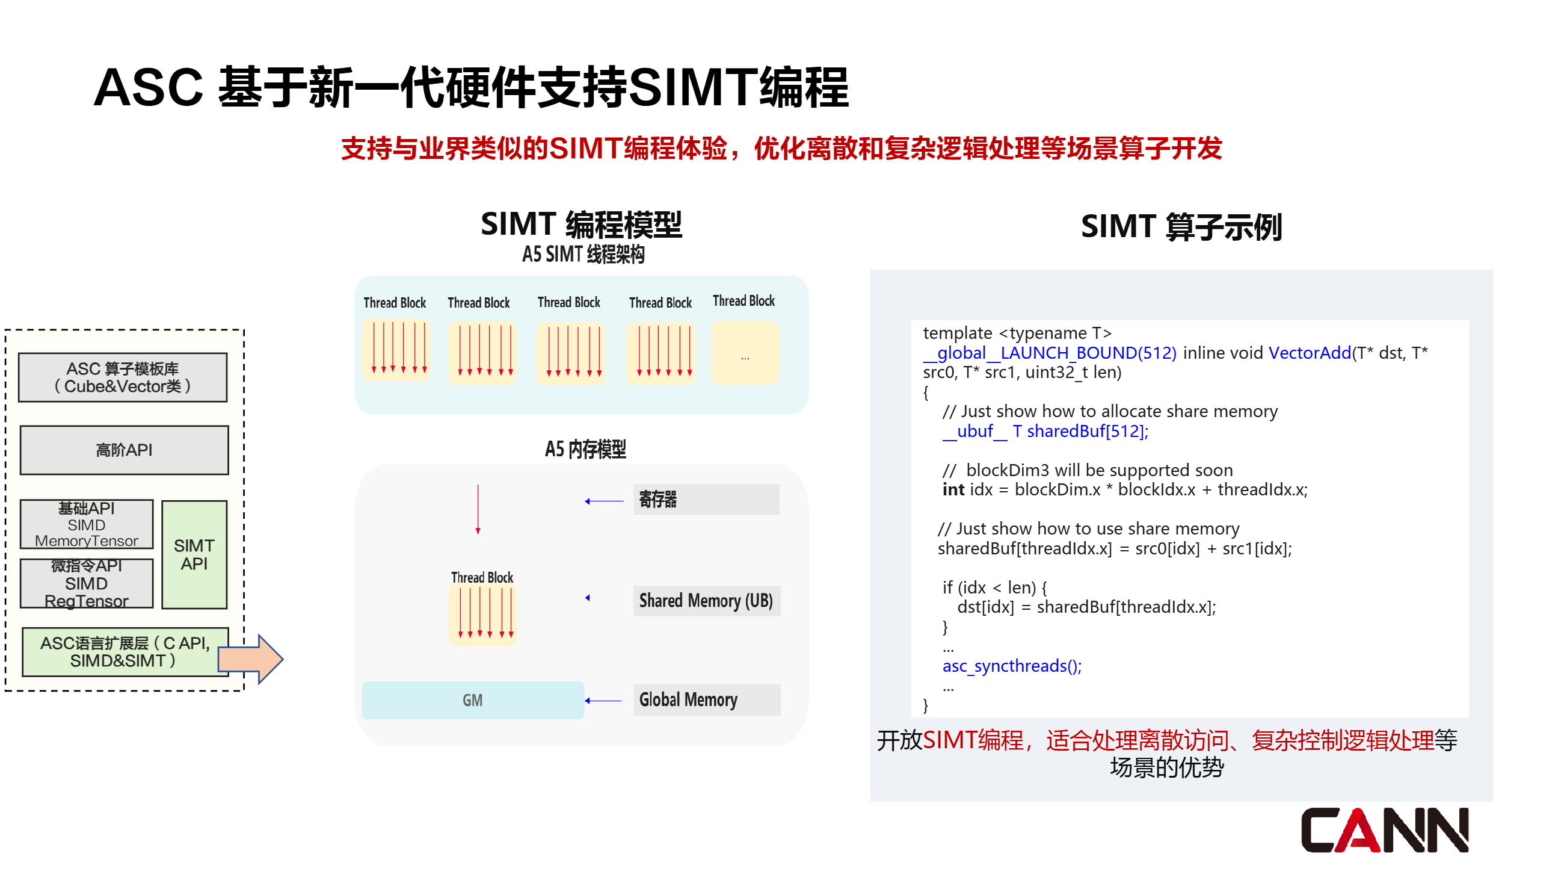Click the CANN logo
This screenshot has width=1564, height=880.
click(x=1384, y=829)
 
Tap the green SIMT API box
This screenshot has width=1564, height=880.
click(x=194, y=554)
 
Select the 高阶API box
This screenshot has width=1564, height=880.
click(x=124, y=450)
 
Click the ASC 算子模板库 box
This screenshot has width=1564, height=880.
click(x=123, y=377)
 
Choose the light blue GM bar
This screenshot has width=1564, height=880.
click(x=472, y=700)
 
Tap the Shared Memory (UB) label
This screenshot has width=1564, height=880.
click(x=706, y=601)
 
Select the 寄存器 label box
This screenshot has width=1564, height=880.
click(x=706, y=499)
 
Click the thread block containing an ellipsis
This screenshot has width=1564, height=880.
click(x=744, y=353)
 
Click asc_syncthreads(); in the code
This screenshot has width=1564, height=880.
click(x=1012, y=666)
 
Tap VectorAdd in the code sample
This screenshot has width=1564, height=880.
click(x=1309, y=353)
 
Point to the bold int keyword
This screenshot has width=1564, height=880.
click(x=953, y=489)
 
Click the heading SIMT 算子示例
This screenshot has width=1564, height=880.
click(x=1181, y=226)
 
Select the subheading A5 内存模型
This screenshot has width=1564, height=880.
click(x=585, y=449)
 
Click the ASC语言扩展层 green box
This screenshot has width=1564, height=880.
click(x=124, y=652)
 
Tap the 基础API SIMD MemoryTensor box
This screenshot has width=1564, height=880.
click(x=86, y=524)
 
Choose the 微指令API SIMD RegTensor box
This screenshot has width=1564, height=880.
click(x=86, y=583)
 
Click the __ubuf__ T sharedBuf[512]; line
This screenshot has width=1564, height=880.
click(x=1045, y=431)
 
